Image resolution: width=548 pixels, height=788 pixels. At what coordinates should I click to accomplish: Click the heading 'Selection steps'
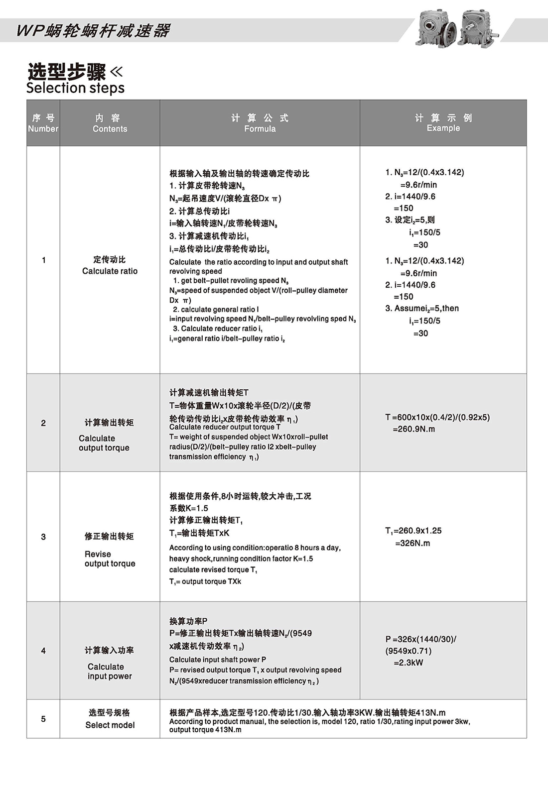pos(75,88)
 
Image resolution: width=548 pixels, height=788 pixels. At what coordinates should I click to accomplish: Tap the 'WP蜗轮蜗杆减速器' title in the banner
pos(93,30)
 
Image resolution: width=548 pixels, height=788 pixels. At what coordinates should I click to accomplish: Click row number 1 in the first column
pos(43,260)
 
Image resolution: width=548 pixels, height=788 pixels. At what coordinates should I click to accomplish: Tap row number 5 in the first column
pos(43,719)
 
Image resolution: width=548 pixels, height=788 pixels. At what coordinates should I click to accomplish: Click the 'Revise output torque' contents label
pos(110,559)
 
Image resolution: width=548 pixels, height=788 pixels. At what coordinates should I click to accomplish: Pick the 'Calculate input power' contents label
pos(110,671)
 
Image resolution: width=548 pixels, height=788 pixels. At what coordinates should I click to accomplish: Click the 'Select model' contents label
pos(110,725)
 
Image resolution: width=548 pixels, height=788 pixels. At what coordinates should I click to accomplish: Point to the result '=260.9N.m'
pos(413,429)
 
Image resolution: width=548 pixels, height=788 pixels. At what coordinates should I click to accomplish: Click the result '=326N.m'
pos(412,543)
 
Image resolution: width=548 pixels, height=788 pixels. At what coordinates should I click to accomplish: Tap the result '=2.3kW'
pos(408,663)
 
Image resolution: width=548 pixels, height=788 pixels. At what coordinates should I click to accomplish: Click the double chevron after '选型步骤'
pos(116,72)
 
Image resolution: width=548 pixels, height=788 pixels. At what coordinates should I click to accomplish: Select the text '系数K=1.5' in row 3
pos(189,508)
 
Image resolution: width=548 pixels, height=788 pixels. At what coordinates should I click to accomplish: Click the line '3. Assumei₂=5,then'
pos(422,309)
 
